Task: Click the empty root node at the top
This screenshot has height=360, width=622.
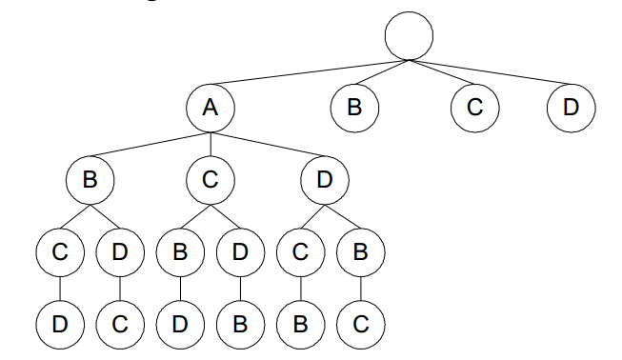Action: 409,36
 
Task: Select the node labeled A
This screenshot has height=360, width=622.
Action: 211,106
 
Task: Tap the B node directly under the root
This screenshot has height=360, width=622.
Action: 354,106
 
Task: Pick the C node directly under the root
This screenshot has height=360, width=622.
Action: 475,106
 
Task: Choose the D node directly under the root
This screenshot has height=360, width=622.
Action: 571,106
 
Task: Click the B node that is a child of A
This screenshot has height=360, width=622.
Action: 91,180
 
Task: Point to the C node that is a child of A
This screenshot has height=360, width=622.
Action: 211,180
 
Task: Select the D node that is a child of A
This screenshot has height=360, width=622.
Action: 325,180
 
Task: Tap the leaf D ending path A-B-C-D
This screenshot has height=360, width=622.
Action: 61,324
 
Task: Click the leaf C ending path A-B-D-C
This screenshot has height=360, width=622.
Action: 120,324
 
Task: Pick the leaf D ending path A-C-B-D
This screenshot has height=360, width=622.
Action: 181,324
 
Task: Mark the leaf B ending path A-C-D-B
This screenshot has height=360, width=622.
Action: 240,324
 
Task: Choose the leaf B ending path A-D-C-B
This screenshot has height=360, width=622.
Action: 301,324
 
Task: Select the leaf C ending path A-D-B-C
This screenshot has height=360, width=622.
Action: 360,324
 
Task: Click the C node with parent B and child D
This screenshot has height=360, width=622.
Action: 61,253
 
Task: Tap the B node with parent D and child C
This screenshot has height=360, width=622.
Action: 360,253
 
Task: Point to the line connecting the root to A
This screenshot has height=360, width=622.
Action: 310,73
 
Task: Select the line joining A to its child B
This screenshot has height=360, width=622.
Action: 150,143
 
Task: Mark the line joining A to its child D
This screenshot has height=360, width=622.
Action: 268,143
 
